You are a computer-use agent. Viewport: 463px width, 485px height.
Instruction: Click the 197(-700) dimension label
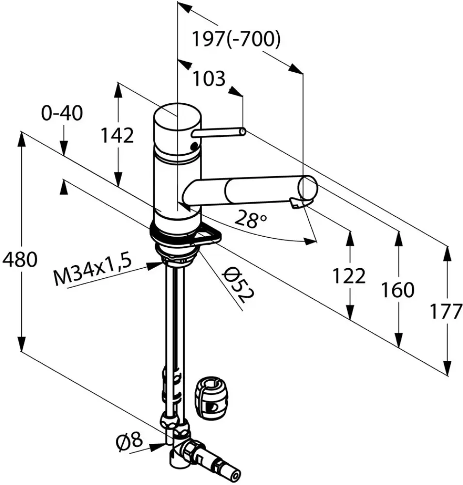[x=236, y=39]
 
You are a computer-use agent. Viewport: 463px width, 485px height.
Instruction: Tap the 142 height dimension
[x=117, y=135]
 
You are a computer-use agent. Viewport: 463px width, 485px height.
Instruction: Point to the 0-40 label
[x=62, y=113]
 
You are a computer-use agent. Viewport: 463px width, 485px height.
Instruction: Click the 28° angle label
[x=250, y=219]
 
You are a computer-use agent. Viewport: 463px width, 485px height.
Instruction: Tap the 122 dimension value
[x=349, y=276]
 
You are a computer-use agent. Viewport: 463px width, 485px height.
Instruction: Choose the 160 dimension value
[x=398, y=290]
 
